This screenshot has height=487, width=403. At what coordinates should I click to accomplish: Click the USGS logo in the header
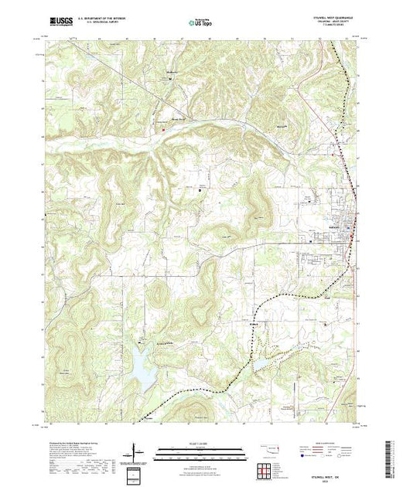[x=61, y=24]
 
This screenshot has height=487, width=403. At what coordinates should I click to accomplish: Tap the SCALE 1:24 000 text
[x=194, y=444]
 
